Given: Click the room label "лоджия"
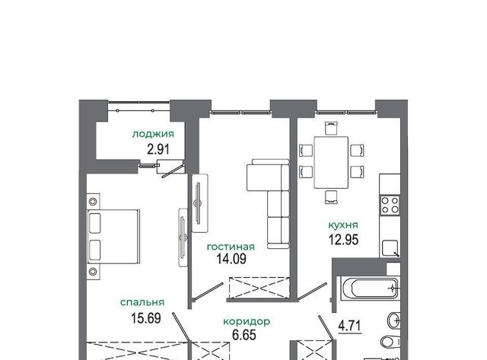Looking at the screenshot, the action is [x=153, y=134].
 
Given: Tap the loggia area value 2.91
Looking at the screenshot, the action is [x=158, y=149].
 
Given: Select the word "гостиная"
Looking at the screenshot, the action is [x=231, y=247].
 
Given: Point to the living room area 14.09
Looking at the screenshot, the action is [x=231, y=259].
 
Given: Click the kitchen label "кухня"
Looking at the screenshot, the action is [x=343, y=225].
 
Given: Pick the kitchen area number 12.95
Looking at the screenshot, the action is [x=343, y=240].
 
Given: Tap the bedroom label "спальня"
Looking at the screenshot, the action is [x=142, y=302].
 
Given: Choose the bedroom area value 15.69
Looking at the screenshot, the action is [x=146, y=318].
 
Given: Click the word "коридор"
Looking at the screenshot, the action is [x=247, y=321].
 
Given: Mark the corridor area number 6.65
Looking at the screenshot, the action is [x=244, y=335].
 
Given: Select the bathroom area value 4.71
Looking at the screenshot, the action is [x=350, y=327].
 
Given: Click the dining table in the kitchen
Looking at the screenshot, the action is [x=331, y=162].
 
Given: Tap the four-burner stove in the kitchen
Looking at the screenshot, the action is [x=390, y=205].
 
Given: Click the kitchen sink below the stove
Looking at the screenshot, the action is [x=390, y=248].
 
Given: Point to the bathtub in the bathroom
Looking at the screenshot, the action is [x=369, y=288].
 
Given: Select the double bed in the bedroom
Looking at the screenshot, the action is [x=113, y=237].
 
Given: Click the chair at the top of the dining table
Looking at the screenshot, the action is [x=331, y=129].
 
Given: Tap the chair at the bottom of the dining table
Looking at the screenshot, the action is [x=331, y=197].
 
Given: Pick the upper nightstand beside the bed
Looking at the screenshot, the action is [x=93, y=202].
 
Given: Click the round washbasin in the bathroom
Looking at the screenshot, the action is [x=394, y=320].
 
